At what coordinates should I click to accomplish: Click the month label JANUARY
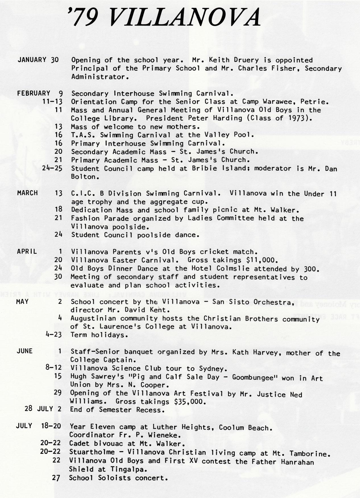(32, 60)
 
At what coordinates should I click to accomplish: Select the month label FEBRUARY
(34, 93)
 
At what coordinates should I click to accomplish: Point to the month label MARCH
(27, 193)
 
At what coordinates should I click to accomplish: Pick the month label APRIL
(27, 252)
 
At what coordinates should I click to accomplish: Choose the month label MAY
(22, 302)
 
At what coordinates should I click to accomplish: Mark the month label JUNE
(24, 351)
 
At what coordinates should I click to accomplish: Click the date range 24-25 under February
(52, 168)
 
